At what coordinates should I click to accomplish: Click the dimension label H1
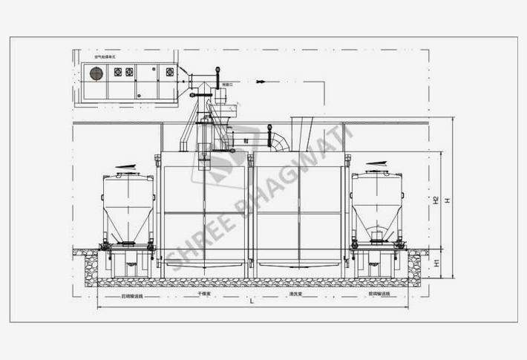437,263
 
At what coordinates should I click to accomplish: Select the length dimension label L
252,302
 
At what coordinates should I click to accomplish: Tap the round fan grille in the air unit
95,72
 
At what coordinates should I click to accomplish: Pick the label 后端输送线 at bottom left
132,295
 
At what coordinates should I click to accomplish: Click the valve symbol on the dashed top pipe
258,80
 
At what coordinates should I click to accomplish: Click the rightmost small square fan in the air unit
169,71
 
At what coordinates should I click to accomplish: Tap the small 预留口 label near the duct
226,86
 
